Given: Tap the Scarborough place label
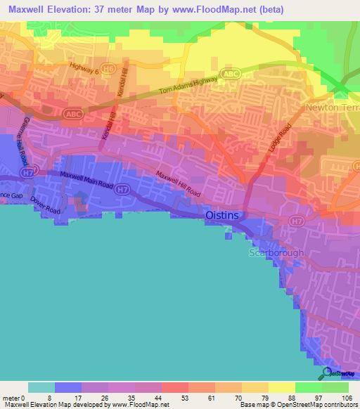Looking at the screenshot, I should pyautogui.click(x=276, y=253).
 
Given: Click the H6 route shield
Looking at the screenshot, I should pyautogui.click(x=108, y=69).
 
